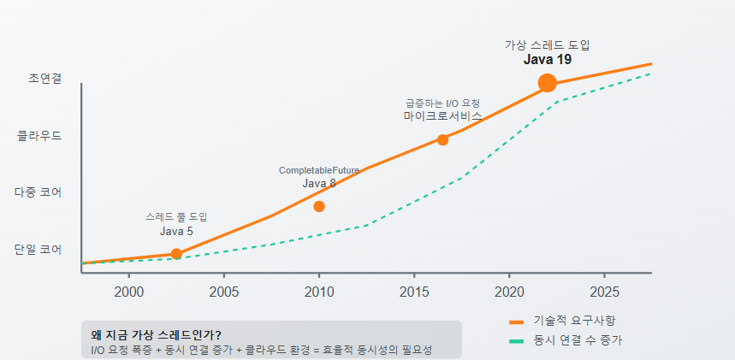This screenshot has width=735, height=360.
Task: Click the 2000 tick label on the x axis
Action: (128, 292)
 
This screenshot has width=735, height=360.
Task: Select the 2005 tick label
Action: (223, 292)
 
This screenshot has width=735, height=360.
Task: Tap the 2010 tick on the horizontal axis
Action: (319, 292)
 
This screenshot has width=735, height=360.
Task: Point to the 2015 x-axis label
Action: (414, 292)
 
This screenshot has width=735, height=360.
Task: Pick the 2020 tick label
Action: (509, 292)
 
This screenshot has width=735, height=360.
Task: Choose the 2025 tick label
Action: (604, 292)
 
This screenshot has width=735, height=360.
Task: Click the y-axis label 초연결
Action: (45, 78)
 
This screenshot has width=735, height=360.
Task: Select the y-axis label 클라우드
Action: (39, 135)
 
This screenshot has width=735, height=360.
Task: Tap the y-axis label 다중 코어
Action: (38, 192)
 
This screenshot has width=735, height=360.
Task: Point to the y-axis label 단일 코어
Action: (38, 250)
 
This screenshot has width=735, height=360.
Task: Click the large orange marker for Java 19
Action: (548, 83)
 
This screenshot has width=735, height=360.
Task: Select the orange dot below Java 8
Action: (319, 206)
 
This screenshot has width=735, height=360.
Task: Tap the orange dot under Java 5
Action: (176, 253)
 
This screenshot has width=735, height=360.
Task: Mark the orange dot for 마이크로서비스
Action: (442, 139)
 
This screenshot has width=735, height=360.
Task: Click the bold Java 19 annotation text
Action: (548, 60)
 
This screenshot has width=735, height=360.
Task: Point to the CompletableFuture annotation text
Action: (319, 170)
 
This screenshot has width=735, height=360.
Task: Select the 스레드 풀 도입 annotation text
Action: (176, 217)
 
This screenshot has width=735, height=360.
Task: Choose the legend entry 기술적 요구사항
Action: (573, 321)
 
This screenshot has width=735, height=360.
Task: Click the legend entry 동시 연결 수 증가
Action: (577, 340)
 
